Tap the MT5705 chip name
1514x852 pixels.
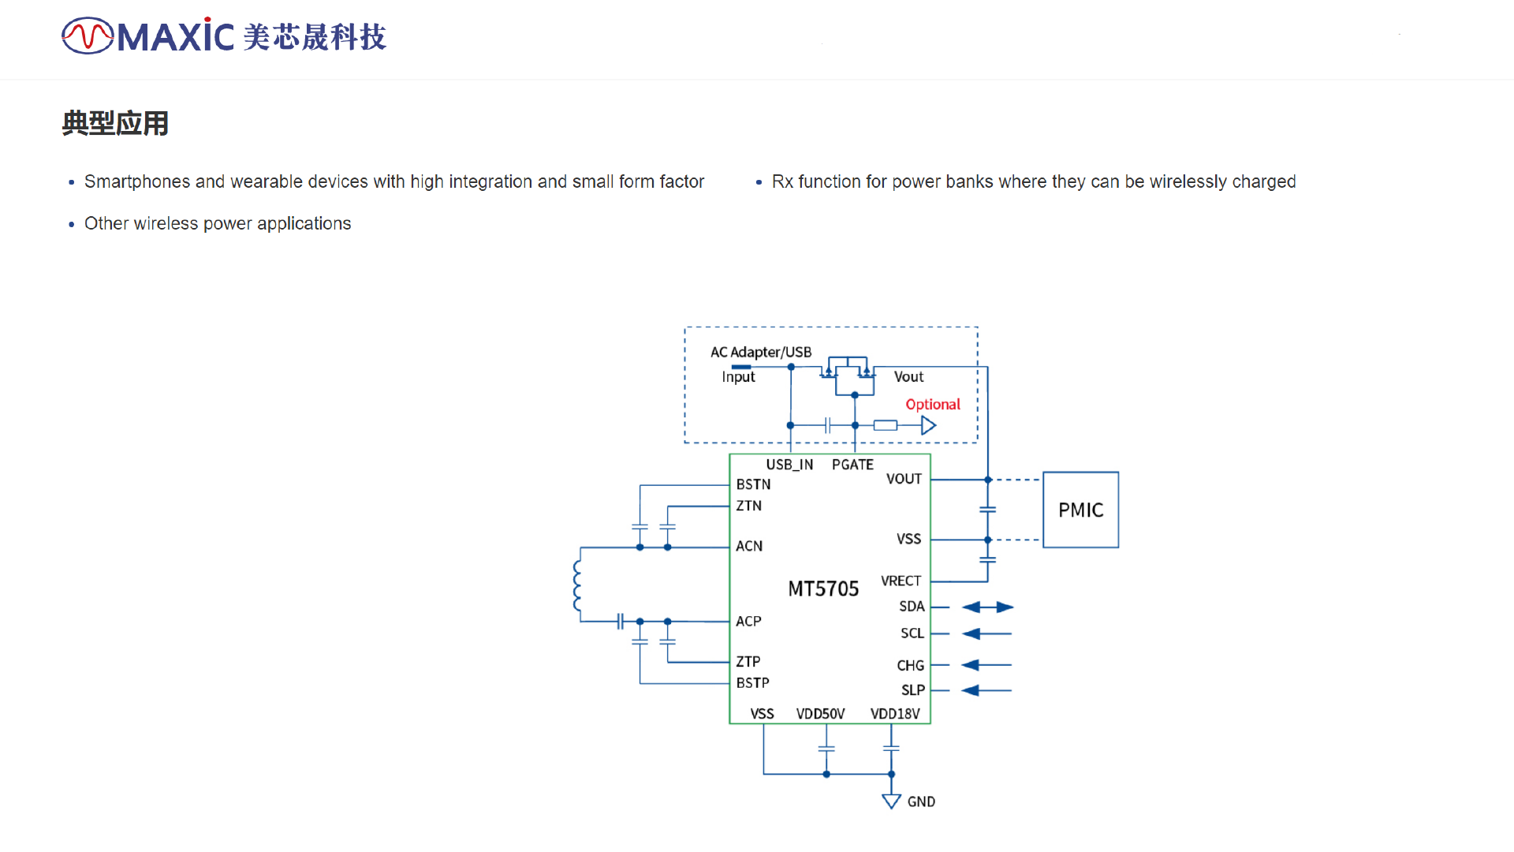coord(823,589)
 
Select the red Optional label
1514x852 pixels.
coord(933,405)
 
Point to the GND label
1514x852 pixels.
coord(921,802)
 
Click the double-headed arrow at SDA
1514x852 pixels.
coord(987,607)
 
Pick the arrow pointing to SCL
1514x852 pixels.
coord(986,633)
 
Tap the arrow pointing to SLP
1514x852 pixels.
coord(986,690)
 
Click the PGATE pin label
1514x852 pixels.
coord(852,465)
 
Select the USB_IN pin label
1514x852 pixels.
coord(789,465)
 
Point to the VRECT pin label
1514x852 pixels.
coord(901,581)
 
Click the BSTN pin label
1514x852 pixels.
coord(753,484)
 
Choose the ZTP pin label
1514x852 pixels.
coord(748,661)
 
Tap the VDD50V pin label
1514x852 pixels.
coord(820,714)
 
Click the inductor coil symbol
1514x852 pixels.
coord(577,585)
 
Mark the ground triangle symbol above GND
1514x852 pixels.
coord(891,802)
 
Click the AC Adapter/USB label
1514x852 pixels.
coord(761,352)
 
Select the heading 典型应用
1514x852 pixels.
coord(115,123)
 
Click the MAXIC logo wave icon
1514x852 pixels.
coord(88,35)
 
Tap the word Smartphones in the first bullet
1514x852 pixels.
coord(137,181)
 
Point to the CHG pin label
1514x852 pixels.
coord(910,666)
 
